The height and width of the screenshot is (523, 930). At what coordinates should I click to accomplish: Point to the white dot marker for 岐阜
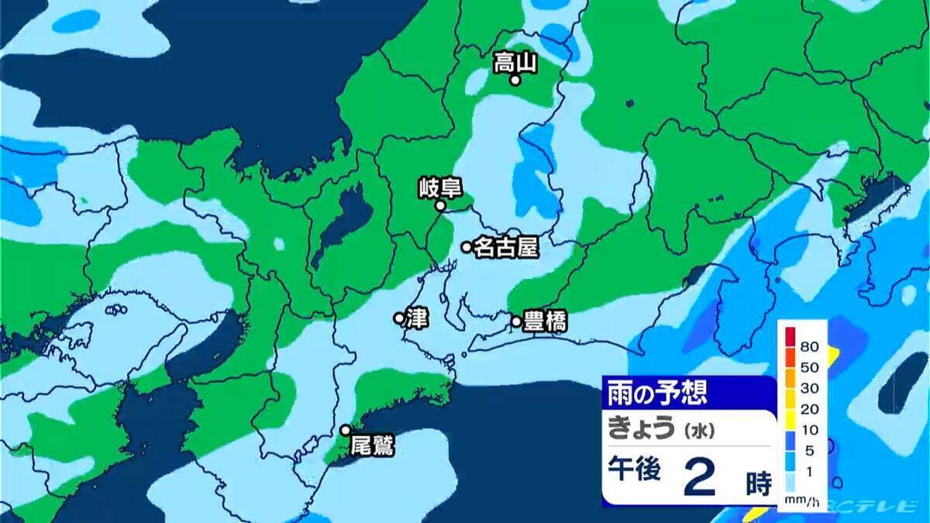pyautogui.click(x=439, y=206)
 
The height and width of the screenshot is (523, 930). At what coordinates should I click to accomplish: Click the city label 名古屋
pyautogui.click(x=505, y=247)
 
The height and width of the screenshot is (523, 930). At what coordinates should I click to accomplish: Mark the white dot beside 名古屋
pyautogui.click(x=467, y=247)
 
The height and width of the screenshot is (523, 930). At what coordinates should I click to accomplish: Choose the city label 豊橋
pyautogui.click(x=545, y=321)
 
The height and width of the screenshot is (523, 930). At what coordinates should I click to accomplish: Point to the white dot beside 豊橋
pyautogui.click(x=516, y=321)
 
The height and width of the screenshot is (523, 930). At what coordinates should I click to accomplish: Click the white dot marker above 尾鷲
pyautogui.click(x=346, y=430)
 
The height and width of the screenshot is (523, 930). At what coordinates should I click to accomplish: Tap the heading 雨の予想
pyautogui.click(x=657, y=392)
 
